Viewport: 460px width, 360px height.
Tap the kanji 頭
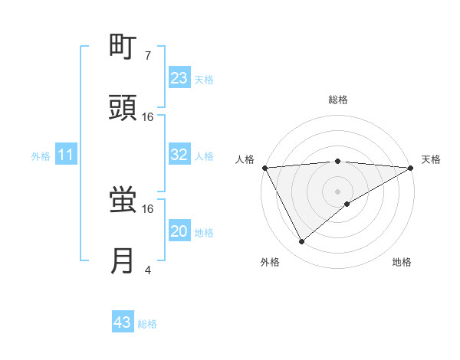point(123,109)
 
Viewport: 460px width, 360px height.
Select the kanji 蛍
point(123,201)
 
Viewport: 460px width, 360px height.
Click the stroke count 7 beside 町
point(147,56)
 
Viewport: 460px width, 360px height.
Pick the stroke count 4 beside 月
point(147,270)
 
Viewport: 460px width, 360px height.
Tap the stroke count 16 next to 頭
point(148,117)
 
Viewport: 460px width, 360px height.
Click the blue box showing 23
point(179,78)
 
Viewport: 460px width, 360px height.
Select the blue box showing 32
point(179,155)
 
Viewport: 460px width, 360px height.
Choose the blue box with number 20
point(179,231)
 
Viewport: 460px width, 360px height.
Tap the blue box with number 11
point(66,155)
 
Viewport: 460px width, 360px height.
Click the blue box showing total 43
point(122,322)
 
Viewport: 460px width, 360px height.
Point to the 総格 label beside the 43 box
point(147,324)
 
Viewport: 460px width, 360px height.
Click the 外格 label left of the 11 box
point(41,156)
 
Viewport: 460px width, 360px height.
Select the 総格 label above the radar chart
point(337,100)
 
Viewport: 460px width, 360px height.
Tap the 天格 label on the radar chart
point(431,159)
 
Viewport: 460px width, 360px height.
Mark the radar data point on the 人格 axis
point(264,167)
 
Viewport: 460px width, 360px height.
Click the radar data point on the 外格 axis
point(302,242)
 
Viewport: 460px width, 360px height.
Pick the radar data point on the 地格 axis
point(347,204)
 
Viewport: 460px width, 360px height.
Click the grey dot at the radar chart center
point(337,191)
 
